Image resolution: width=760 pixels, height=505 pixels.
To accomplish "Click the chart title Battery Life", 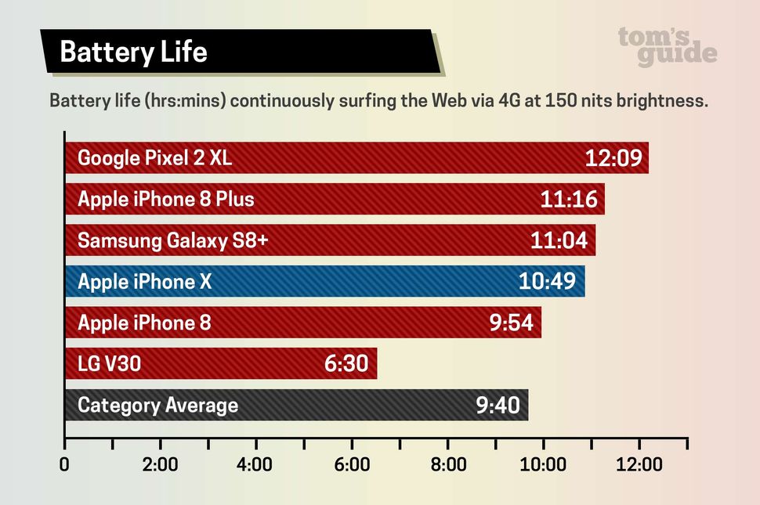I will [x=133, y=52].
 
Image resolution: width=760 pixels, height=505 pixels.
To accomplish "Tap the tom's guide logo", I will [x=667, y=46].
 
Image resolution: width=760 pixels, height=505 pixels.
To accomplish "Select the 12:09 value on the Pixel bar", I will [x=613, y=158].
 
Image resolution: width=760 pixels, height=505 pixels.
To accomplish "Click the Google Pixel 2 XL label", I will [x=154, y=158].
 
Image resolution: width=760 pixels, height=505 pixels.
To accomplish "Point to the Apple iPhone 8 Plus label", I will [x=165, y=199].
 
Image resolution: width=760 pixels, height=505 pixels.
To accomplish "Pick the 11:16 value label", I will [x=569, y=200].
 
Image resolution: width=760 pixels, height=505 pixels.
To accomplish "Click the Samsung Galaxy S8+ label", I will [x=172, y=240].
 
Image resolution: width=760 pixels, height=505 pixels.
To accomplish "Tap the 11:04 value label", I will [x=559, y=240].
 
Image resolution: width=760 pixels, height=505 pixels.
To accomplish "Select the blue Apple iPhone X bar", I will [x=353, y=282].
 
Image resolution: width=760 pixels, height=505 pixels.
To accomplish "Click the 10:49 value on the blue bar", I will [x=548, y=282].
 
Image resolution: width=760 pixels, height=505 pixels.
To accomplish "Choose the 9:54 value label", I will [x=511, y=323].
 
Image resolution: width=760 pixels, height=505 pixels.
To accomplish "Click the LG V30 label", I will [x=109, y=363].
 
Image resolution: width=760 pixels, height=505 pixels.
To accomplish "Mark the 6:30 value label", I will [x=346, y=363].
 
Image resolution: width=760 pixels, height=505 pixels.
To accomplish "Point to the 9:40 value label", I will [x=498, y=406].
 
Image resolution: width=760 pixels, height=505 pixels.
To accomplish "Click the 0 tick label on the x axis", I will [x=64, y=464].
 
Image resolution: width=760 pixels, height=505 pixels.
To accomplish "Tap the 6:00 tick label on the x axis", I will [x=352, y=464].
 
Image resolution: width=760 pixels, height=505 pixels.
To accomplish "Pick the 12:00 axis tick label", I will [x=639, y=464].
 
